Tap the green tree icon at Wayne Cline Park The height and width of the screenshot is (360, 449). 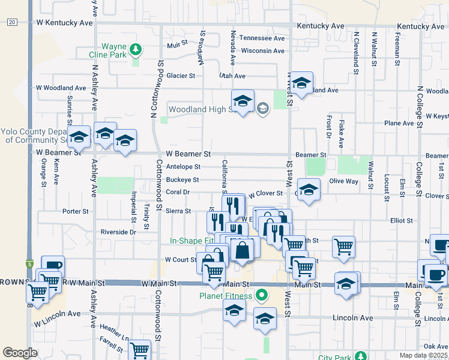click(136, 48)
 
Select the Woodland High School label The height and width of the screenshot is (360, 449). click(199, 109)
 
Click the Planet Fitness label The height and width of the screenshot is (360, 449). click(226, 295)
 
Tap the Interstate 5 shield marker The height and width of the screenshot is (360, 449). click(29, 264)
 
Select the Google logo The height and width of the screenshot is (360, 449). click(20, 353)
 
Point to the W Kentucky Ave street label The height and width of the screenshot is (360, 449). click(64, 23)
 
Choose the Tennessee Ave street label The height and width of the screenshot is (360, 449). click(262, 38)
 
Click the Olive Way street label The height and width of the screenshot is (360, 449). click(343, 181)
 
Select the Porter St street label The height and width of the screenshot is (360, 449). click(76, 211)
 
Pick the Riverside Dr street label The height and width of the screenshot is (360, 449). click(119, 232)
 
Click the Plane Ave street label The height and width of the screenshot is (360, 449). click(399, 123)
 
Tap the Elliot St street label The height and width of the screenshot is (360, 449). click(401, 220)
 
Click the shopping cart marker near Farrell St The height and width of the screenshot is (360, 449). click(140, 350)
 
